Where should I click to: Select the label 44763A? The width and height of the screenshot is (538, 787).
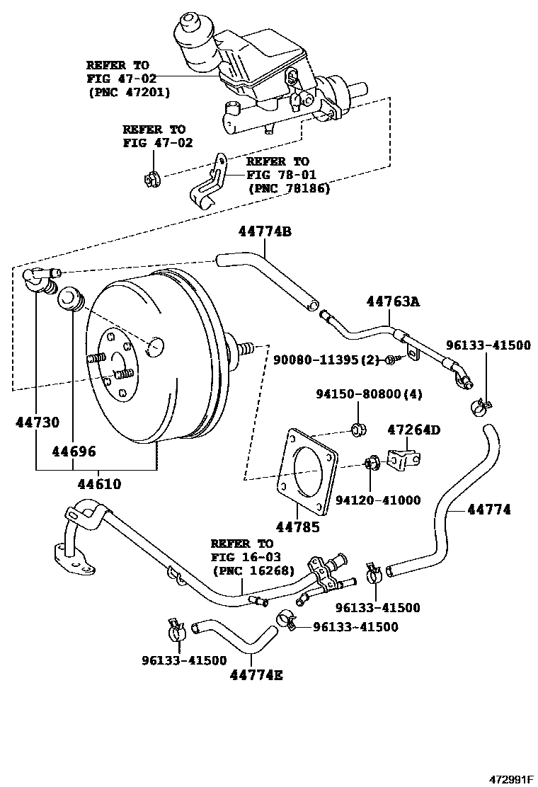pyautogui.click(x=393, y=302)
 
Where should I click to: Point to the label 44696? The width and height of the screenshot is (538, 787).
pyautogui.click(x=73, y=451)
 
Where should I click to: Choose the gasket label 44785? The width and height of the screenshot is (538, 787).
pyautogui.click(x=298, y=526)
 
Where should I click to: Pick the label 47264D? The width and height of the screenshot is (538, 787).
pyautogui.click(x=413, y=430)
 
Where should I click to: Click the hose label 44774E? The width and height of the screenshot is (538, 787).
pyautogui.click(x=256, y=674)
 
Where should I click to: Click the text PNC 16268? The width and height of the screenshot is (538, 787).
pyautogui.click(x=251, y=571)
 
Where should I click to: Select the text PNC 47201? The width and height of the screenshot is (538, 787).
pyautogui.click(x=130, y=92)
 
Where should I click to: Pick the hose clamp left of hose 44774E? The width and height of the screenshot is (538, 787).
pyautogui.click(x=176, y=626)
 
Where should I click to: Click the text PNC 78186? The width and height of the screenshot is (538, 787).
pyautogui.click(x=290, y=188)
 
